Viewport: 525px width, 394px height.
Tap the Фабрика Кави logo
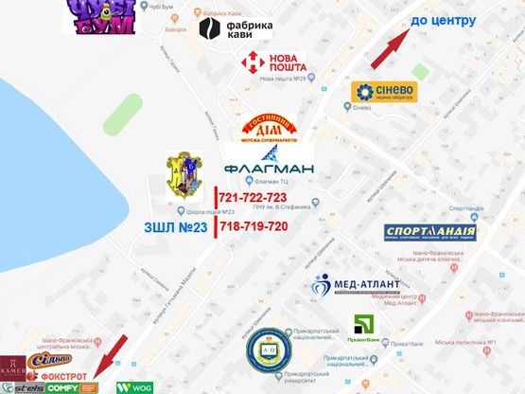[x=236, y=28]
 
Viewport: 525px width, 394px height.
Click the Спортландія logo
[x=430, y=233]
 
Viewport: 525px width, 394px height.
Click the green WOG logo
[x=135, y=386]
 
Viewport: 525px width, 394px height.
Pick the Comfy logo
[x=62, y=387]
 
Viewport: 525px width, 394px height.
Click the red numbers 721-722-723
[x=252, y=197]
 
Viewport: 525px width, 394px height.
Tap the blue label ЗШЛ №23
[x=177, y=226]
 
